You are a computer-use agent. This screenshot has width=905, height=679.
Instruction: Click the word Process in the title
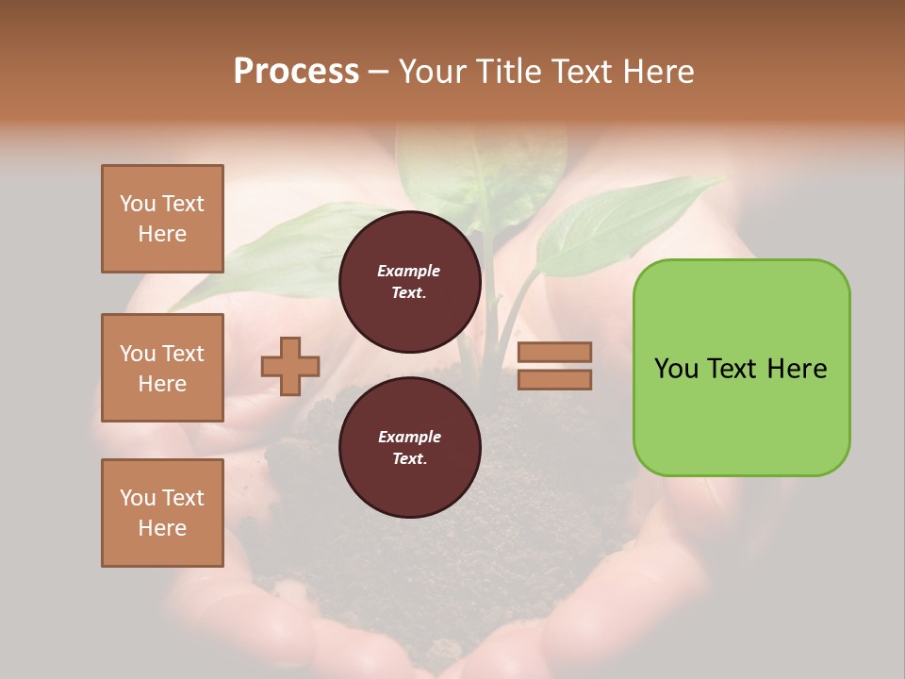pos(296,72)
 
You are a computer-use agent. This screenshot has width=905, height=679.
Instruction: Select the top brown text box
pos(162,219)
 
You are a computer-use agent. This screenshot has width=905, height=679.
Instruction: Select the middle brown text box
pos(162,368)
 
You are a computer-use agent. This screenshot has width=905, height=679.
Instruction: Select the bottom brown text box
pos(162,513)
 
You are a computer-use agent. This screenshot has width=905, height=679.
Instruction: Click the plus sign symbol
pos(290,365)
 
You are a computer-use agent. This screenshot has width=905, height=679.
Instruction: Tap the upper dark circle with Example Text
pos(409,281)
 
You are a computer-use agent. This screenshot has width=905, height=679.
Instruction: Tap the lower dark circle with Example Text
pos(409,447)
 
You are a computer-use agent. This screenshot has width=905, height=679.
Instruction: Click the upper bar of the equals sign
pos(554,353)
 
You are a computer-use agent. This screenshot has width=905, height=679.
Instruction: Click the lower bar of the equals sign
pos(554,379)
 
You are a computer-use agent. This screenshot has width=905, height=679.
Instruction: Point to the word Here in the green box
pos(797,369)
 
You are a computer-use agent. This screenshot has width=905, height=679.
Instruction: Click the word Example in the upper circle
pos(409,272)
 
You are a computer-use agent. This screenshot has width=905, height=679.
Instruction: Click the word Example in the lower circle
pos(409,438)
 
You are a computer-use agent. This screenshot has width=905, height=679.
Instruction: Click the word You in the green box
pos(676,369)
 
